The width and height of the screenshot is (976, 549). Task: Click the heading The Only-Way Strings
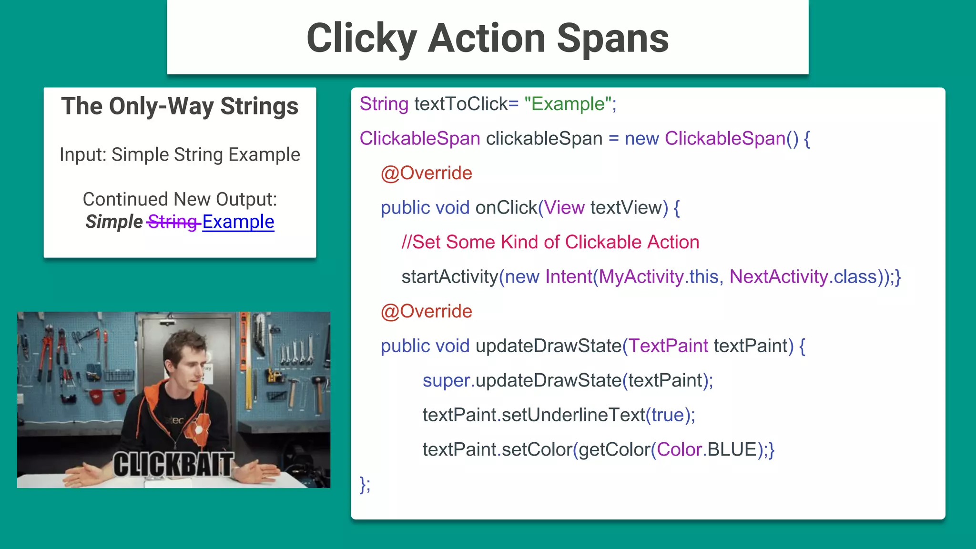point(180,106)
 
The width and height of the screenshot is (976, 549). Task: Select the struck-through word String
point(173,222)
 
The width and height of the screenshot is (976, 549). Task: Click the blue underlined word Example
point(238,222)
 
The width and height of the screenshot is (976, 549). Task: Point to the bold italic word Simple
point(114,222)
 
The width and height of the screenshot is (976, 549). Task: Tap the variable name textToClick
point(461,104)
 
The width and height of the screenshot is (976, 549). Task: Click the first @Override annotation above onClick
point(426,173)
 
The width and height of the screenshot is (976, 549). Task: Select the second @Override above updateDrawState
point(426,311)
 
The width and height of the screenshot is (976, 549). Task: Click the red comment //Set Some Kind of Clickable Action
point(550,242)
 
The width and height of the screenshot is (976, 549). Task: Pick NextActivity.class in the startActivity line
point(803,277)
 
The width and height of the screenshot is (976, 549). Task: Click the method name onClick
point(506,208)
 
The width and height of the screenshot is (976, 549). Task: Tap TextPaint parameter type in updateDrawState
point(669,346)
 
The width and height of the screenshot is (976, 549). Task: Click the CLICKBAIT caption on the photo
point(173,465)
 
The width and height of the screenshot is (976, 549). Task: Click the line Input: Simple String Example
point(180,155)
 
